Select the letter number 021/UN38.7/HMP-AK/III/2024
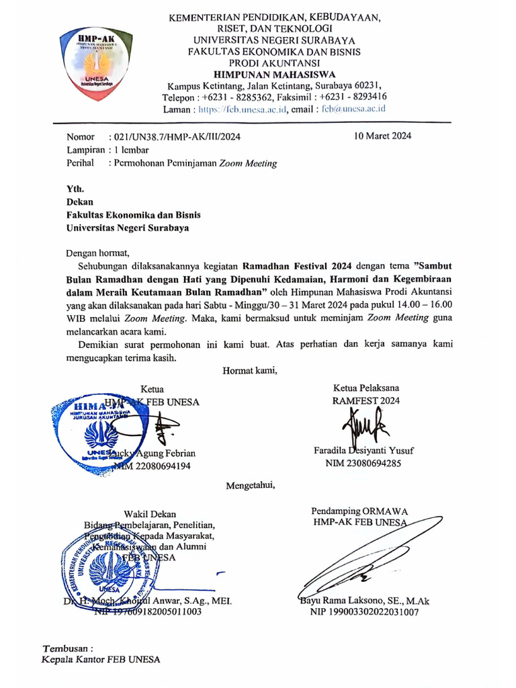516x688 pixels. (x=174, y=136)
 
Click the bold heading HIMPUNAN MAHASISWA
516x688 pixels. (x=275, y=74)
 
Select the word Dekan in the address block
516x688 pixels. (x=80, y=202)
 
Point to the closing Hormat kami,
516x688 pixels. (x=249, y=370)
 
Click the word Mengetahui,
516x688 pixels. (x=250, y=485)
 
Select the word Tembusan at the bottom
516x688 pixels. (x=66, y=648)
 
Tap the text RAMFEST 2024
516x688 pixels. (x=365, y=400)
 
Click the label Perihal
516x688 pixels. (x=81, y=163)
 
